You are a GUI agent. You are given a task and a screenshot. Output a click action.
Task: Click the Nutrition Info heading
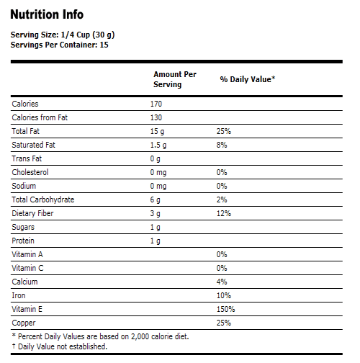click(x=47, y=14)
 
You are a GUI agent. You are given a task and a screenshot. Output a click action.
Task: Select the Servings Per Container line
click(x=58, y=45)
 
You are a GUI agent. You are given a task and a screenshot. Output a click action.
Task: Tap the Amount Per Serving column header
click(x=174, y=79)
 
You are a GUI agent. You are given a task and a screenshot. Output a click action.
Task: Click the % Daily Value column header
click(x=248, y=79)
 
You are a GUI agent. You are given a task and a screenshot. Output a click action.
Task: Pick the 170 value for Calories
click(x=156, y=104)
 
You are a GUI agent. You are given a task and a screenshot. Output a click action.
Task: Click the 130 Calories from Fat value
click(x=156, y=118)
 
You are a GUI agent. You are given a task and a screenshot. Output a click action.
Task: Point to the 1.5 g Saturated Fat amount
click(x=158, y=145)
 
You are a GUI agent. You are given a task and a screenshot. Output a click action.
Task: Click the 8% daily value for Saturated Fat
click(x=222, y=145)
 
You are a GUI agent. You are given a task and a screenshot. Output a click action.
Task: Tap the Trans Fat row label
click(x=27, y=158)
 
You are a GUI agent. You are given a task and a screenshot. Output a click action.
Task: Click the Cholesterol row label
click(x=30, y=172)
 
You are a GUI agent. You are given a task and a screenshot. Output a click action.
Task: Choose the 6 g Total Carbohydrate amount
click(x=155, y=200)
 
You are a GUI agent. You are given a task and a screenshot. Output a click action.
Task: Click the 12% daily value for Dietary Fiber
click(x=223, y=213)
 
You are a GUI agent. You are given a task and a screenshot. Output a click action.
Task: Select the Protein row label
click(x=23, y=241)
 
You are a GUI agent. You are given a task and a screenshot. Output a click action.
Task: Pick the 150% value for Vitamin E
click(x=225, y=309)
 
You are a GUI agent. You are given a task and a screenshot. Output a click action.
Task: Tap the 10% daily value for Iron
click(x=223, y=295)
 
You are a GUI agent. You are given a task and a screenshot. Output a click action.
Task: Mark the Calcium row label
click(x=24, y=282)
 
